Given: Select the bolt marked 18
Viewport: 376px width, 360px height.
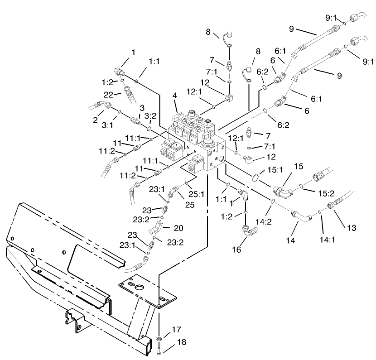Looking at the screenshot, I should [x=159, y=349].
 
